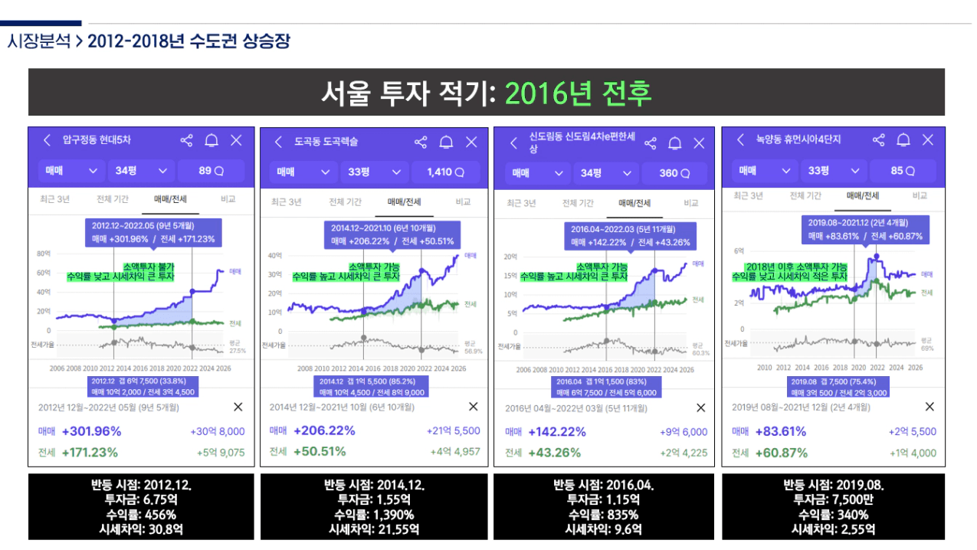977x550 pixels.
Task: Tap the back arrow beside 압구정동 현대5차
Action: (x=47, y=140)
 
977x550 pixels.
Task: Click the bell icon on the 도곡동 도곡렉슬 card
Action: (x=446, y=142)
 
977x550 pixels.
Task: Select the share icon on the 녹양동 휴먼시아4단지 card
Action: (x=879, y=139)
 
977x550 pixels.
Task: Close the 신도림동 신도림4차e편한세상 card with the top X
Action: (x=699, y=143)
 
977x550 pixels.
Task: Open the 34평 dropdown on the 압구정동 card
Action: (x=141, y=171)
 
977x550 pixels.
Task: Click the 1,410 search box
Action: (x=448, y=172)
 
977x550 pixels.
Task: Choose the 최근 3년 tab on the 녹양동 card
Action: (x=748, y=196)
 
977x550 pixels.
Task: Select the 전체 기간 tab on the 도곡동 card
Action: (x=345, y=202)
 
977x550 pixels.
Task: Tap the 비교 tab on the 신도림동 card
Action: (x=691, y=203)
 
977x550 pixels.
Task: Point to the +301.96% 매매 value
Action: (x=91, y=431)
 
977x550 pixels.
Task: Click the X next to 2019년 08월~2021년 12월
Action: (x=929, y=407)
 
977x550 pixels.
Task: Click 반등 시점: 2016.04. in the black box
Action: (x=603, y=485)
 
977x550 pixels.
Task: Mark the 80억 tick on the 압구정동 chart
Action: (x=43, y=253)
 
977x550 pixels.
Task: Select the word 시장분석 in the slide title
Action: (x=38, y=41)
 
